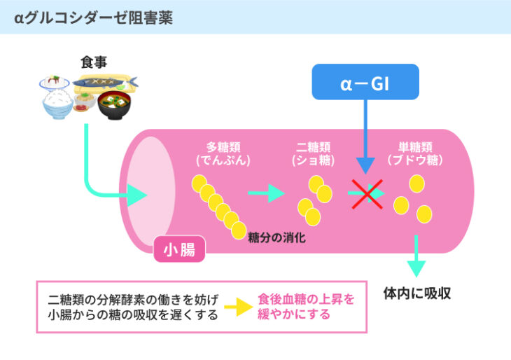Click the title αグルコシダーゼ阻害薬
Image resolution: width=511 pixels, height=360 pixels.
(x=93, y=18)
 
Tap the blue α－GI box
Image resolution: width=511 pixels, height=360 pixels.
(x=365, y=82)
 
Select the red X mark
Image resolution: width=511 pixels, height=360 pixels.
(x=367, y=194)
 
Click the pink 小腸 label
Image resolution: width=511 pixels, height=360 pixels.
(x=179, y=249)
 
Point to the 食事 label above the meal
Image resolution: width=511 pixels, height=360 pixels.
(x=94, y=62)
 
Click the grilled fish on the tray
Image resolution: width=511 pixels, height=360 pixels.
(x=104, y=83)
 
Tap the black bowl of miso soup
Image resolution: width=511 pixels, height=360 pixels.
(x=114, y=105)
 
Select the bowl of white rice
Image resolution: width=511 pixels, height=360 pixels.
(x=57, y=104)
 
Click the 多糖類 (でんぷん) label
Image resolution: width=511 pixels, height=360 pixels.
(x=223, y=154)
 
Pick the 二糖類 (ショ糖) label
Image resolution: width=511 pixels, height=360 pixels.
(x=313, y=154)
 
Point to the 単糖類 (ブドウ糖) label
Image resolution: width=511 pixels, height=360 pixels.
(x=415, y=154)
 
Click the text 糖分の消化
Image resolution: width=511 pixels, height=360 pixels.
(x=276, y=237)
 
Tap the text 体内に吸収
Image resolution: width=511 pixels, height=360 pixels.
(x=416, y=293)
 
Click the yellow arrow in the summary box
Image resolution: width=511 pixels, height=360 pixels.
(x=239, y=307)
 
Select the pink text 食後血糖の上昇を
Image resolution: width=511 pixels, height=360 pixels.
(x=306, y=299)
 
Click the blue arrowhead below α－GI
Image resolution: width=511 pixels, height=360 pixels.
(x=365, y=165)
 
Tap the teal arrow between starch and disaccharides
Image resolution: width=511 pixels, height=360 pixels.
(x=266, y=193)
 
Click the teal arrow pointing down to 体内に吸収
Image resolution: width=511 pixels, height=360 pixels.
(x=416, y=256)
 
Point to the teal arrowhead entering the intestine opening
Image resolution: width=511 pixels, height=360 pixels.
(x=137, y=195)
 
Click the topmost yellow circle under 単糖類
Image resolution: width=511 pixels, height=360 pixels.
(x=416, y=184)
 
